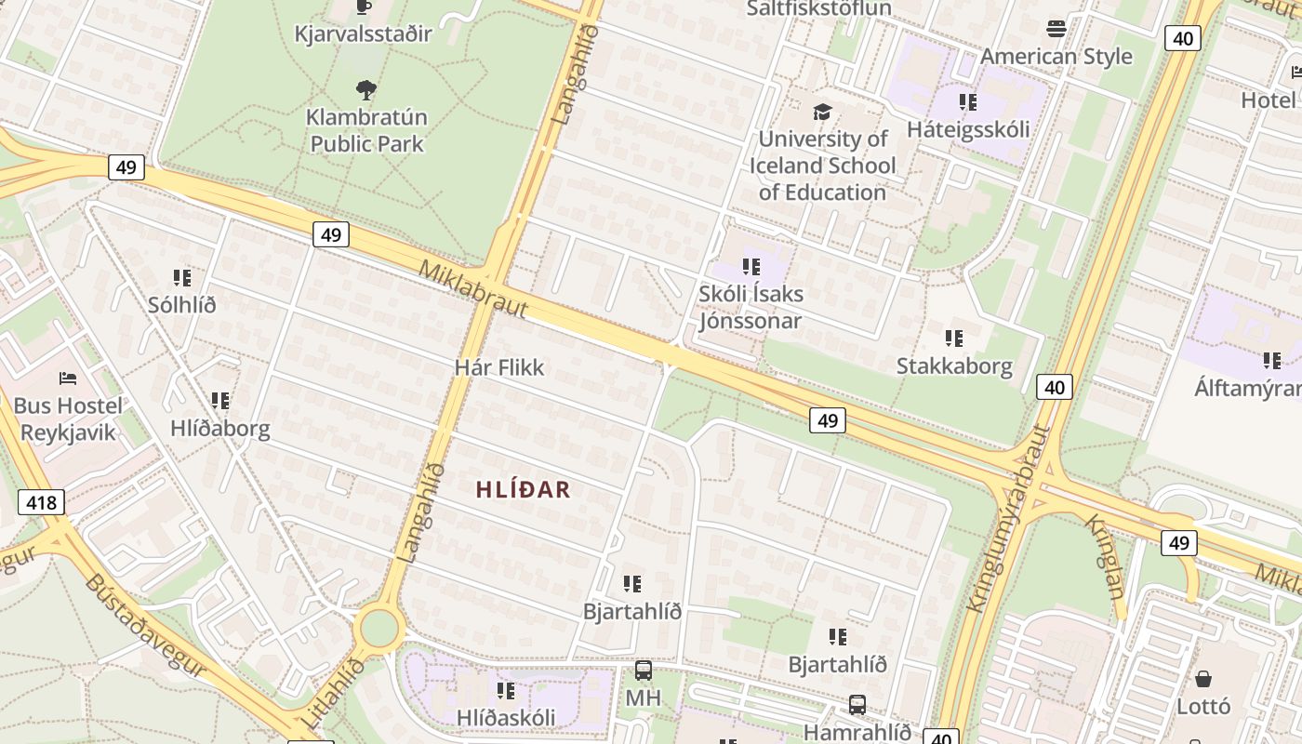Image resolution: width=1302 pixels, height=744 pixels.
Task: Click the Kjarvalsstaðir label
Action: point(363,34)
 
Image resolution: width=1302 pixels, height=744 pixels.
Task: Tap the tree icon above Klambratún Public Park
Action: point(366,90)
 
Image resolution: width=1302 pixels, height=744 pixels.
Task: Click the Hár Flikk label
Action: point(499,367)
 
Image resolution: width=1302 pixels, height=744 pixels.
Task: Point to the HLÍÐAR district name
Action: point(524,489)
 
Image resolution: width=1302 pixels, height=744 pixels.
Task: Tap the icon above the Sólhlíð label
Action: point(182,277)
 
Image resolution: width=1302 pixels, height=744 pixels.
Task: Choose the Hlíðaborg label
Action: point(220,429)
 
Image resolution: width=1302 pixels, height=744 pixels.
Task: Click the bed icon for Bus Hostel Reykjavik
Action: point(68,379)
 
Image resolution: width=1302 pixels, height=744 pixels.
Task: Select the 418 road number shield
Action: point(42,503)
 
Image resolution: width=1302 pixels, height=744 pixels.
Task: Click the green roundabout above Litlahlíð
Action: point(379,628)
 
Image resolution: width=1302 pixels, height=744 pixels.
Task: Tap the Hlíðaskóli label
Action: point(506,718)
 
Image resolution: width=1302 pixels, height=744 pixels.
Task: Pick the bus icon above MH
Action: point(643,671)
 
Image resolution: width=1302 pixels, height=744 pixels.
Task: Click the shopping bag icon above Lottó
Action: point(1203,679)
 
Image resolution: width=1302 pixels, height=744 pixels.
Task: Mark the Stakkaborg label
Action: point(954,365)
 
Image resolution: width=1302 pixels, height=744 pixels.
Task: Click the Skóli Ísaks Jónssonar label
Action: point(751,308)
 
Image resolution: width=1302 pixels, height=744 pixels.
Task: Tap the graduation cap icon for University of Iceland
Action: point(822,112)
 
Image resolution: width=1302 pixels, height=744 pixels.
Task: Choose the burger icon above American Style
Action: point(1056,29)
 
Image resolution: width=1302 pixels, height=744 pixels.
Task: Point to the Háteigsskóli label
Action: point(968,129)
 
